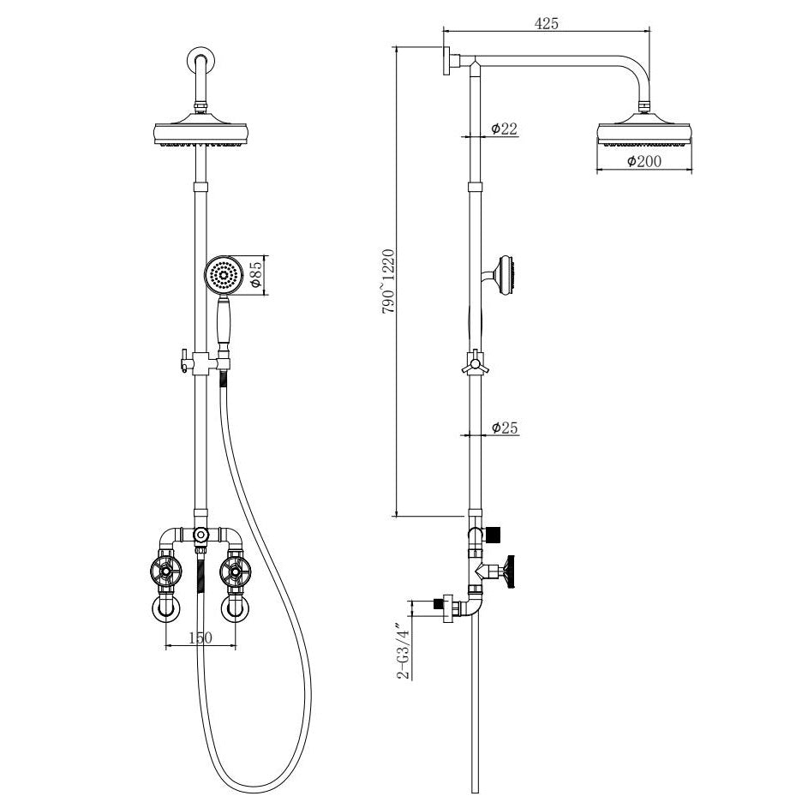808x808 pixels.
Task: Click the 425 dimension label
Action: pyautogui.click(x=546, y=23)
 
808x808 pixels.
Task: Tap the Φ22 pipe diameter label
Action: pyautogui.click(x=504, y=129)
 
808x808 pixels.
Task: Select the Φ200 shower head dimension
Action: pyautogui.click(x=644, y=161)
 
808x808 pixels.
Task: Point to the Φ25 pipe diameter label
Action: pyautogui.click(x=505, y=428)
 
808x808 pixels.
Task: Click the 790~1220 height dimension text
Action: pyautogui.click(x=388, y=281)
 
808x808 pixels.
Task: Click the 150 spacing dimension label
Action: pyautogui.click(x=200, y=638)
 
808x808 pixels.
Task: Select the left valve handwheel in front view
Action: pyautogui.click(x=166, y=571)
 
